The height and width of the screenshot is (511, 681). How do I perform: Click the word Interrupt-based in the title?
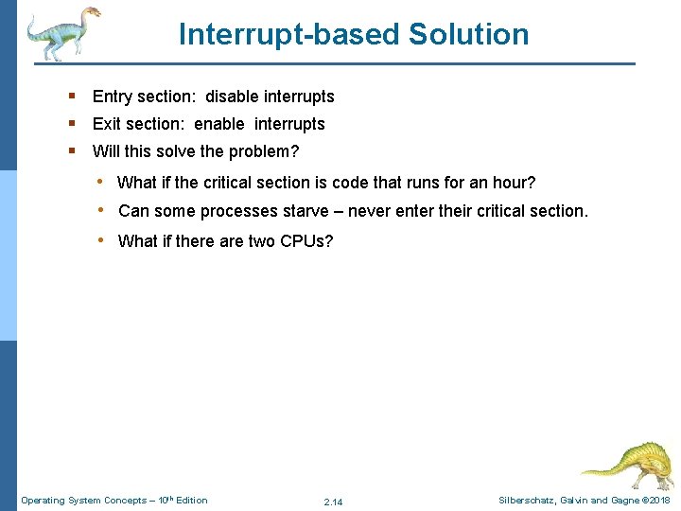289,34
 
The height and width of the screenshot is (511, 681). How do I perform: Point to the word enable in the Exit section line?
219,124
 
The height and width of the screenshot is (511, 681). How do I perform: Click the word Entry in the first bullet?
113,97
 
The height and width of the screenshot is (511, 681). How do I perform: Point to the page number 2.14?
333,502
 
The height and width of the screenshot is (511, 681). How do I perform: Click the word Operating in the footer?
44,500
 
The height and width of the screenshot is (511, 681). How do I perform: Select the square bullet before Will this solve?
72,151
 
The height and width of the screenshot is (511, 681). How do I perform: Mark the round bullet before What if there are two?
99,240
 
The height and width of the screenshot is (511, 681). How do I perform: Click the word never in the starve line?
370,211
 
